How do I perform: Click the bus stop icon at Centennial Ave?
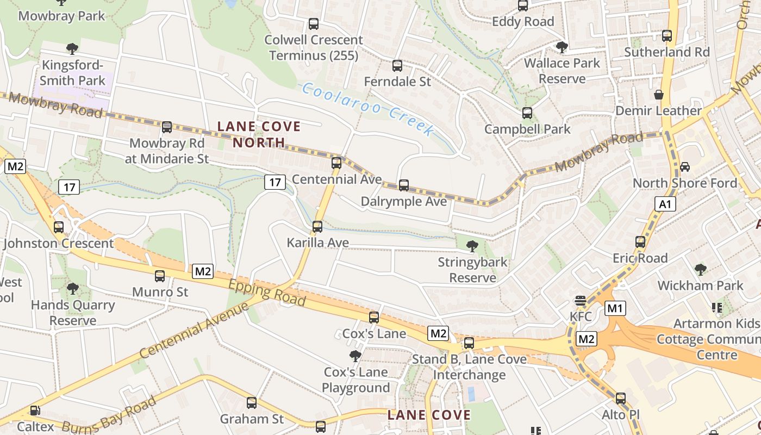[x=336, y=163]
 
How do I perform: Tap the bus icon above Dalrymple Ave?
[x=403, y=185]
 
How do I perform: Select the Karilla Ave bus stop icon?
[x=317, y=227]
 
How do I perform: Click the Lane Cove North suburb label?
[x=259, y=134]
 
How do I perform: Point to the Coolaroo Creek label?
[x=368, y=109]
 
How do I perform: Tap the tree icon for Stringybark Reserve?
[x=472, y=246]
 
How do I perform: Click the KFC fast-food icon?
[x=581, y=301]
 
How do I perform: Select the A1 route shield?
[x=665, y=204]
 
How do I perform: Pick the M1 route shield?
[x=615, y=309]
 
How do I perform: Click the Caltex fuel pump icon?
[x=35, y=411]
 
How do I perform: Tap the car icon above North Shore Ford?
[x=685, y=166]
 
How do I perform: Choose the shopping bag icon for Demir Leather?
[x=659, y=95]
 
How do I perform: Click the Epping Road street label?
[x=267, y=294]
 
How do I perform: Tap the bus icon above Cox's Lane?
[x=374, y=318]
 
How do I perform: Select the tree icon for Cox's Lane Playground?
[x=355, y=356]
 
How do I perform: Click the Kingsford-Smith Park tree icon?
[x=72, y=49]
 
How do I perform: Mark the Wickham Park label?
[x=700, y=285]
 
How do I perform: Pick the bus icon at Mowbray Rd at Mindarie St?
[x=167, y=127]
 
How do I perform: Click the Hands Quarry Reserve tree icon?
[x=72, y=289]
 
